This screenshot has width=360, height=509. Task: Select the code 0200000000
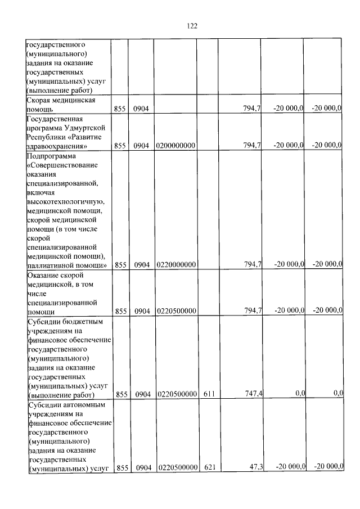click(176, 146)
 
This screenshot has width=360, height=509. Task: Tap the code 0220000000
click(176, 264)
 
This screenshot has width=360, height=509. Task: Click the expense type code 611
click(210, 394)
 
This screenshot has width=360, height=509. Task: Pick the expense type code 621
click(210, 467)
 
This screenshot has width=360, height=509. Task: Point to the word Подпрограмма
click(50, 155)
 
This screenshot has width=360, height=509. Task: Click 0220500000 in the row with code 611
click(176, 394)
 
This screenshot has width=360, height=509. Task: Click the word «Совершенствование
click(62, 165)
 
